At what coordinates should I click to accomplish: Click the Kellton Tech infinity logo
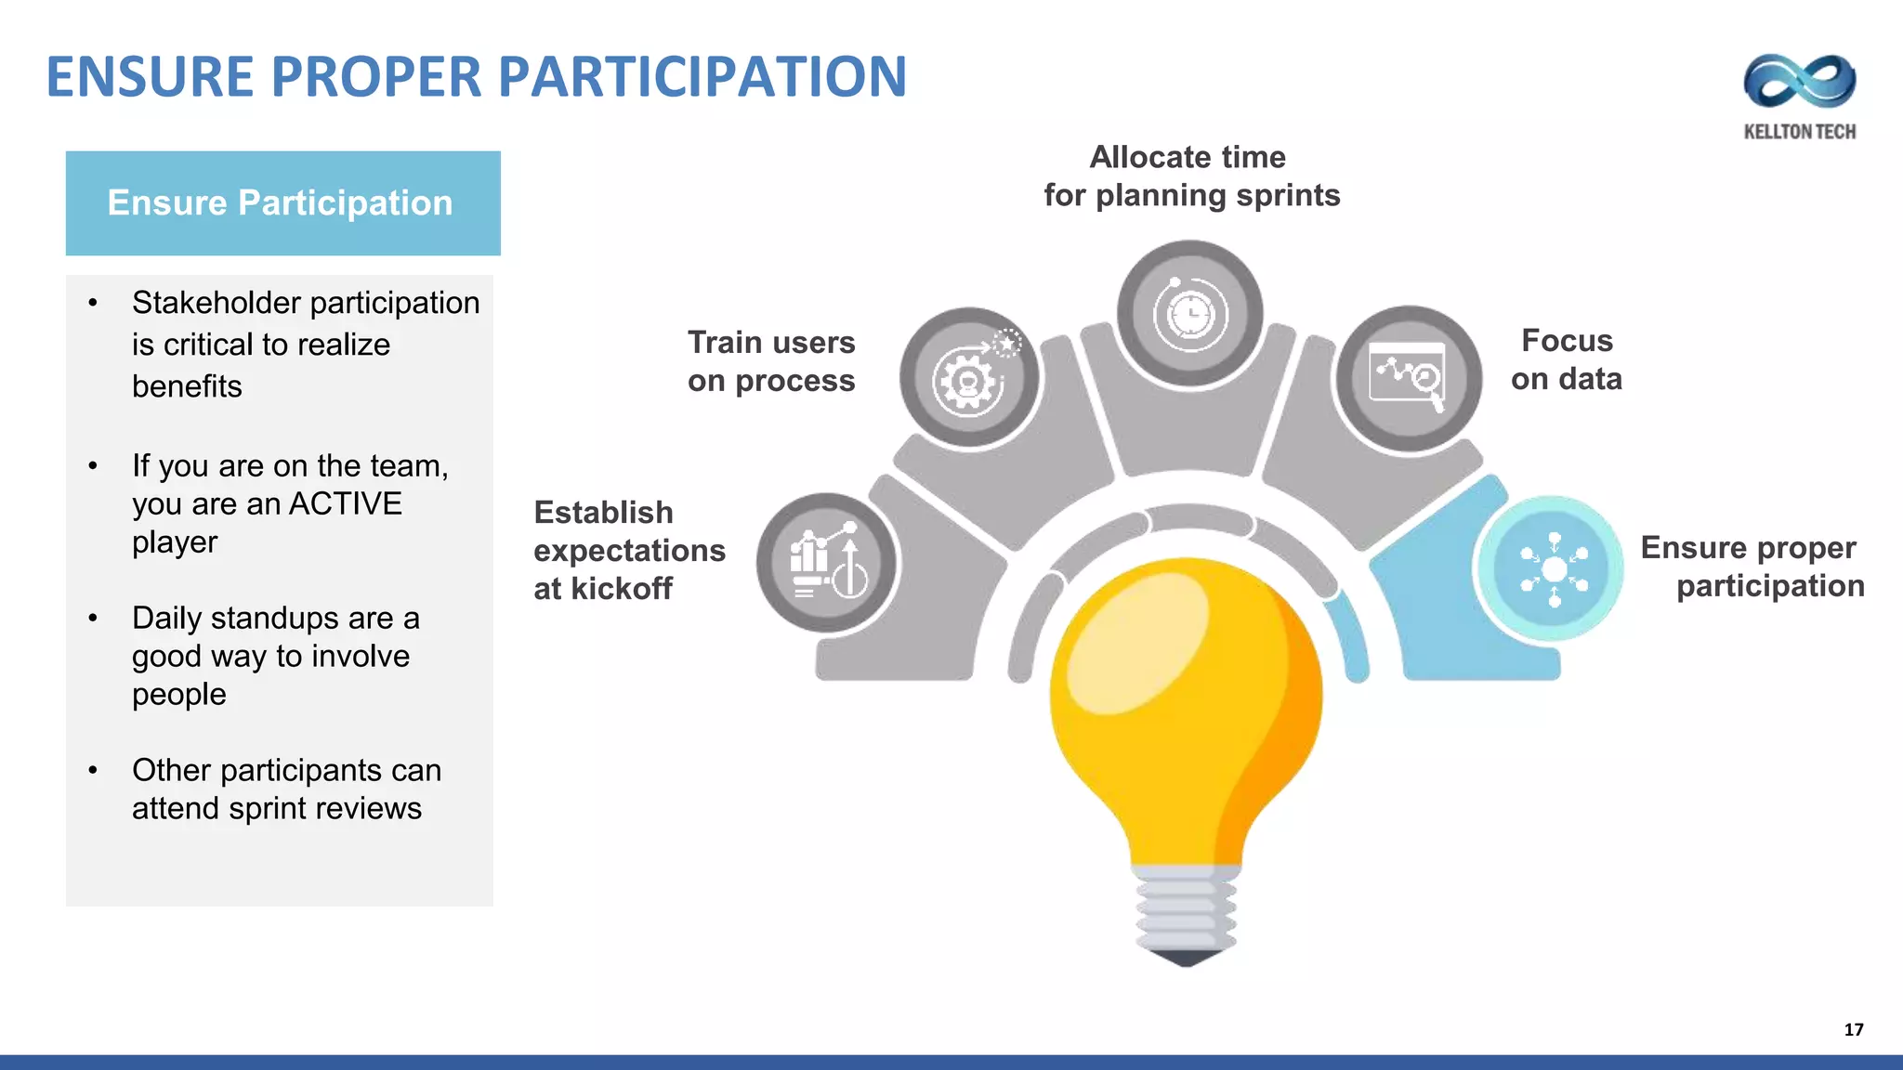[1799, 82]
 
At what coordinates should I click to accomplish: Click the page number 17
[1853, 1029]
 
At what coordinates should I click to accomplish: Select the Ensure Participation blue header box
[282, 203]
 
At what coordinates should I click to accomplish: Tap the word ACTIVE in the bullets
[346, 503]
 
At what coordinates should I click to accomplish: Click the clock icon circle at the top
[1189, 314]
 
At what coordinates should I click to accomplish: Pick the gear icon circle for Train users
[970, 378]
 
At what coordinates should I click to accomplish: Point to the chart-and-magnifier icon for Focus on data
[1408, 378]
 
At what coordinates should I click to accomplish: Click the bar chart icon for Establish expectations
[826, 563]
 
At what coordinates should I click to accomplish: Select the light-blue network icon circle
[1553, 568]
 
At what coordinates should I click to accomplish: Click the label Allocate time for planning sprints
[1190, 176]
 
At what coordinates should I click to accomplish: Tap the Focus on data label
[1567, 359]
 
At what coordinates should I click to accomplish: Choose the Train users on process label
[770, 361]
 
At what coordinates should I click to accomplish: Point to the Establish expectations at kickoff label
[628, 550]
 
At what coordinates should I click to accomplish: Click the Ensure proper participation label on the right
[1752, 567]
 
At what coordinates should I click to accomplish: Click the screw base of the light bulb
[1186, 915]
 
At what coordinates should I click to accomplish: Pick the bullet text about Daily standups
[275, 656]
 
